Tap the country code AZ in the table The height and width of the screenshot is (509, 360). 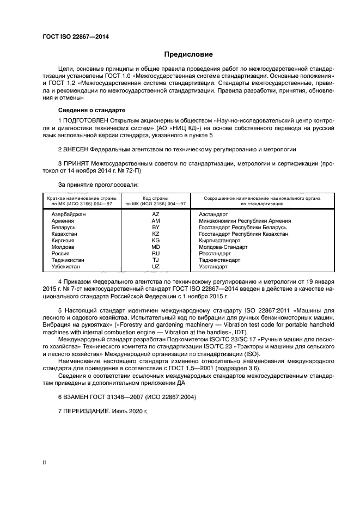click(156, 214)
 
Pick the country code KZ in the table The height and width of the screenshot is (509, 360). click(156, 234)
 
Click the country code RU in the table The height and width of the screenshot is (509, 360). click(156, 253)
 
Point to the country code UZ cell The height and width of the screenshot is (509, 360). click(156, 267)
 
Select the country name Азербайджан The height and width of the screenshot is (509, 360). click(69, 214)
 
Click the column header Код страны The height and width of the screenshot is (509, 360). click(156, 198)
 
